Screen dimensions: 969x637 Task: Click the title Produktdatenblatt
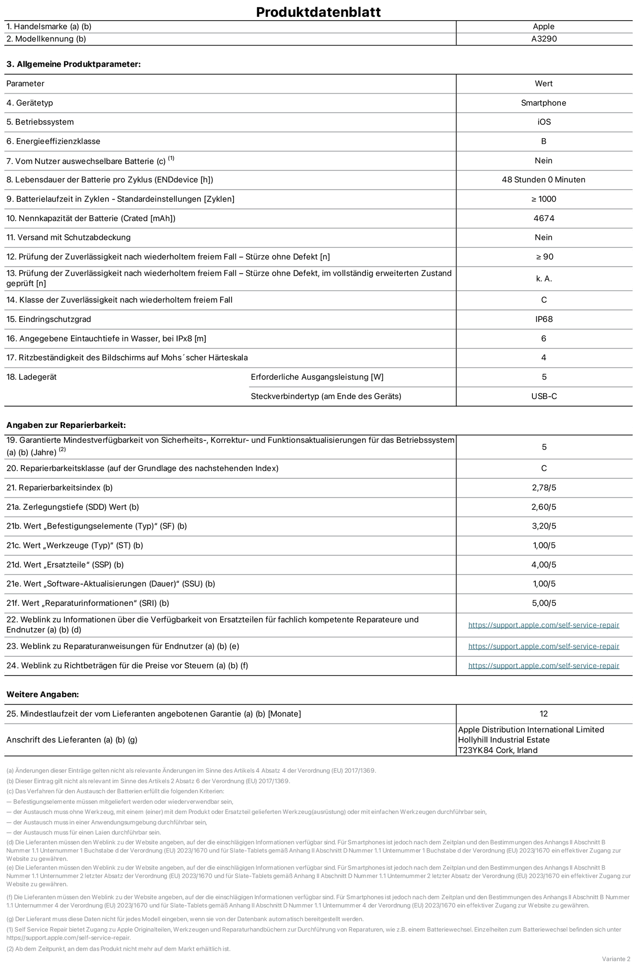(318, 12)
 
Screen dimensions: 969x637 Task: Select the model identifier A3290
(543, 39)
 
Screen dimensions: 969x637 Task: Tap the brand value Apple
(543, 26)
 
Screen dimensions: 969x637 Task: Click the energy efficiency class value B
(543, 141)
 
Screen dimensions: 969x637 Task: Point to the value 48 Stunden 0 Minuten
(543, 179)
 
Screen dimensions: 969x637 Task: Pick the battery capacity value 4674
(543, 218)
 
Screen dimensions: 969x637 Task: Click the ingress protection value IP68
(544, 319)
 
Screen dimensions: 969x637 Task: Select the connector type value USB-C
(544, 396)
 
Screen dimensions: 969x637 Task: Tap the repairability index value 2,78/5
(543, 487)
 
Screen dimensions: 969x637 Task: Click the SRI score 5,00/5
(543, 603)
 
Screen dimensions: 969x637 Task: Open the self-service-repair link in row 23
(543, 646)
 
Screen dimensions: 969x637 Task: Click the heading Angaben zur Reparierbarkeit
(66, 425)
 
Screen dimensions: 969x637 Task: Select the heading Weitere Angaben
(42, 694)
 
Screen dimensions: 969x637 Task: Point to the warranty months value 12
(543, 714)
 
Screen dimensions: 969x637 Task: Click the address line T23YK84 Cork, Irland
(497, 750)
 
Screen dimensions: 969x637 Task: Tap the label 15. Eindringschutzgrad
(48, 319)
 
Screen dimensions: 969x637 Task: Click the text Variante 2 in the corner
(616, 958)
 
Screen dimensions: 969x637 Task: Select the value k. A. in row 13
(544, 278)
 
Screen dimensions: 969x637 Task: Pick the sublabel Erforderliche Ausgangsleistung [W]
(317, 377)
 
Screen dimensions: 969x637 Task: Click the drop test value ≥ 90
(544, 257)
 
